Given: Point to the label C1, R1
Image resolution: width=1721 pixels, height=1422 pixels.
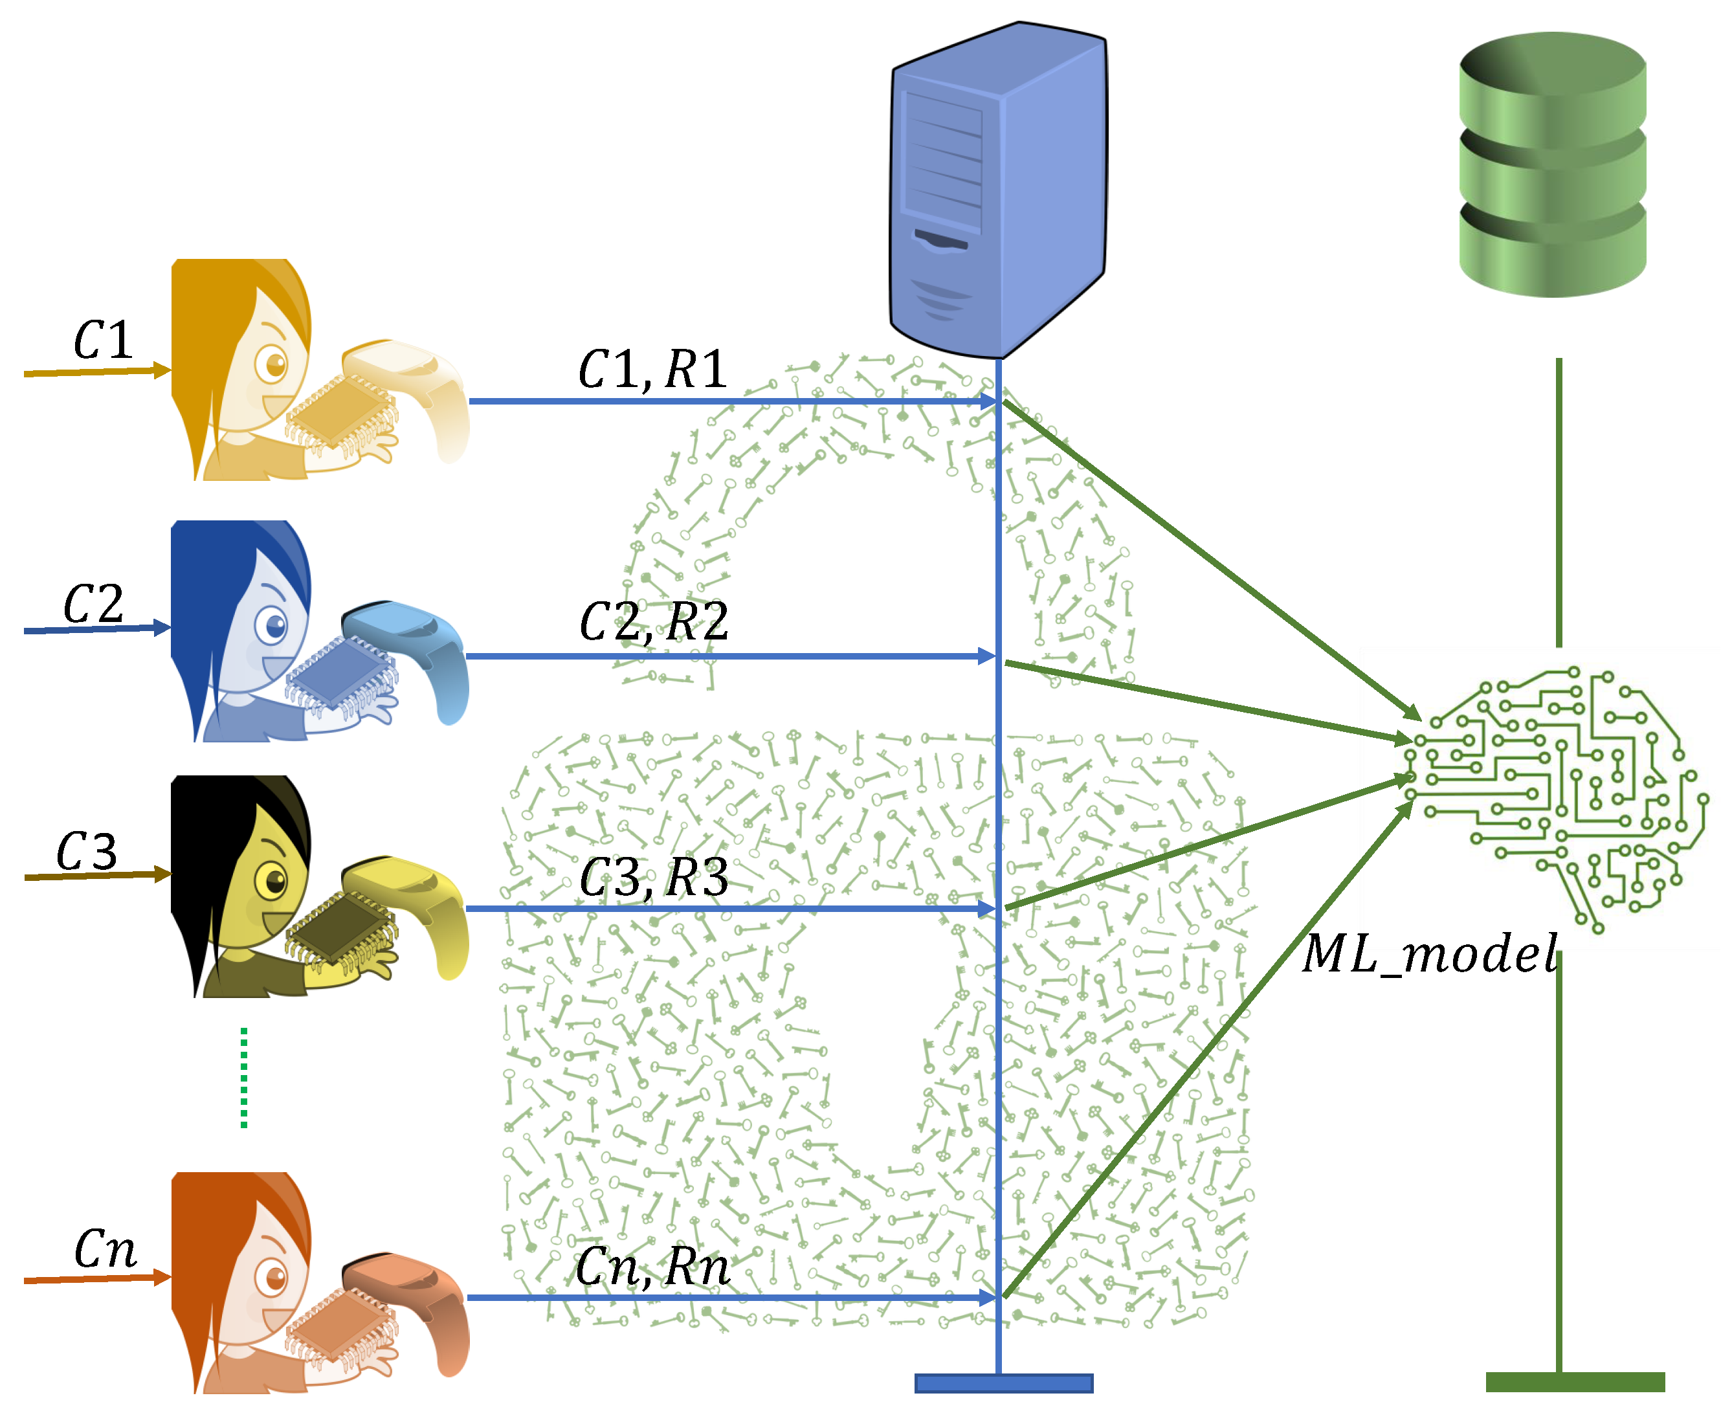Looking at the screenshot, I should click(x=651, y=370).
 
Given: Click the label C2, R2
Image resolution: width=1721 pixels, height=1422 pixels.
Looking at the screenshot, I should click(x=653, y=622).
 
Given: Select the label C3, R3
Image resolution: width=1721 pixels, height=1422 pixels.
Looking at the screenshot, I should click(x=653, y=878).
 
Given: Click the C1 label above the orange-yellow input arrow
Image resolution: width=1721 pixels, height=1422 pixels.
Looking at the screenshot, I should click(x=102, y=340).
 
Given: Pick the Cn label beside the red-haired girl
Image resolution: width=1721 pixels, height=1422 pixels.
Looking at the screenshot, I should click(x=104, y=1249).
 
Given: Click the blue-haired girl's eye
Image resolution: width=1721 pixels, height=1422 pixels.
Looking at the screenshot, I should click(x=274, y=627).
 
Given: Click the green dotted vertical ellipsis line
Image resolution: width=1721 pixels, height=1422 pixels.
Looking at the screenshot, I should click(x=243, y=1077).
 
